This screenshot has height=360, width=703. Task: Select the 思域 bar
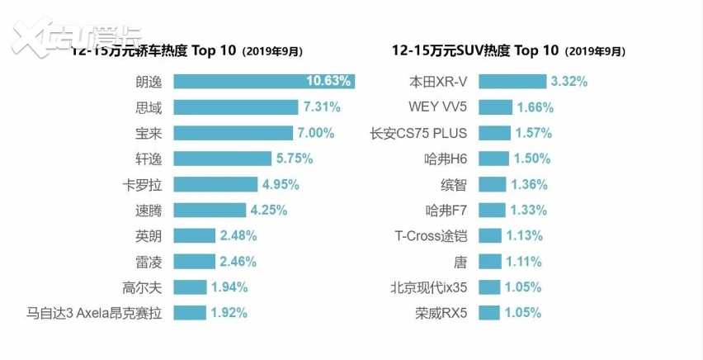coord(235,107)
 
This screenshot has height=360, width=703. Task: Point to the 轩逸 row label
coord(149,159)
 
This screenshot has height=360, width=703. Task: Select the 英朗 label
coord(149,235)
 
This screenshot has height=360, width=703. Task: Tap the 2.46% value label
coord(238,262)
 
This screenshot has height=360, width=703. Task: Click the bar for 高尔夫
coord(190,287)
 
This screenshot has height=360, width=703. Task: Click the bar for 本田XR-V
coord(512,81)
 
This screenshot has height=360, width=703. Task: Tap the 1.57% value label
coord(534,133)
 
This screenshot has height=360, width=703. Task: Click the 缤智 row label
coord(453,184)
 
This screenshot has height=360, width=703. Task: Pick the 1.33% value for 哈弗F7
coord(528,210)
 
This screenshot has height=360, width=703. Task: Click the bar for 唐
coord(489,262)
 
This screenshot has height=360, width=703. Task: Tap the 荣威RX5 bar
coord(488,313)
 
